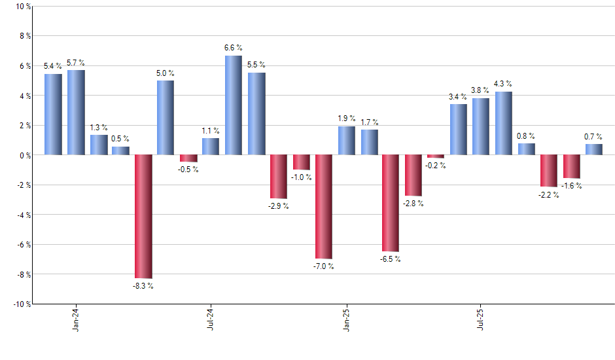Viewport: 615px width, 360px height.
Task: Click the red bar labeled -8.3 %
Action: (x=143, y=217)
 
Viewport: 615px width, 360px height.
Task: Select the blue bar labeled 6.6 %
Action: (x=234, y=105)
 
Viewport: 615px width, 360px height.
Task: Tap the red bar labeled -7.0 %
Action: (x=324, y=207)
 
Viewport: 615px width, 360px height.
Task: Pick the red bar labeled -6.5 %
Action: (x=391, y=203)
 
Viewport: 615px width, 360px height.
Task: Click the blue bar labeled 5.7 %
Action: (x=76, y=112)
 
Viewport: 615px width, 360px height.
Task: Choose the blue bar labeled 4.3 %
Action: (x=504, y=123)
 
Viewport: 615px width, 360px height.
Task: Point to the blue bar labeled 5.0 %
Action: (x=166, y=118)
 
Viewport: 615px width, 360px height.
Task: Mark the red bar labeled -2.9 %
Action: (x=279, y=177)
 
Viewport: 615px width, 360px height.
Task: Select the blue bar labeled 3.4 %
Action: (x=459, y=130)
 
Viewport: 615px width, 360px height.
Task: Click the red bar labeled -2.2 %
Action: (x=549, y=171)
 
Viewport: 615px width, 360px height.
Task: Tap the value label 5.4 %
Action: (x=53, y=66)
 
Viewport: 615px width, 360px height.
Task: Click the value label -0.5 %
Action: (x=188, y=170)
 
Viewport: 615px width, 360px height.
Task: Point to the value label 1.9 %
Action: (x=347, y=118)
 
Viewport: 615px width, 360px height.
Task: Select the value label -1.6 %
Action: (x=572, y=186)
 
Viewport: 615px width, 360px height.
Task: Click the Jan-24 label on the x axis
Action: (x=76, y=319)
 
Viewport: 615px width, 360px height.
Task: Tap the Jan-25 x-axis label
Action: (x=346, y=319)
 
